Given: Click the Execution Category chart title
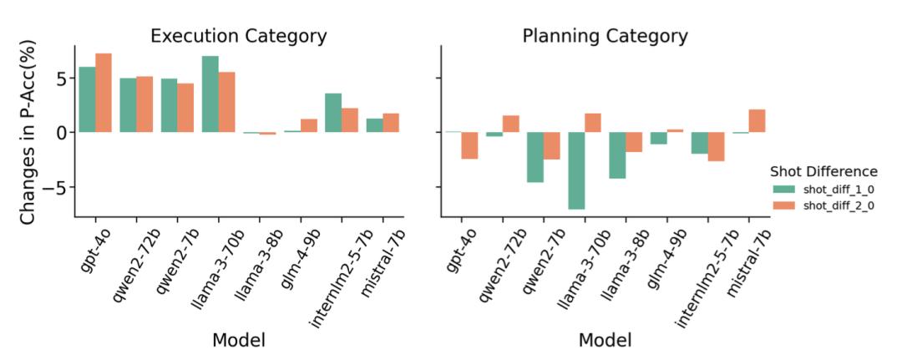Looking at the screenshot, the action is point(239,36).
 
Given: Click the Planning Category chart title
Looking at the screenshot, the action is point(605,36).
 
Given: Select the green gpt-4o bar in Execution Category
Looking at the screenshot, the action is point(88,99).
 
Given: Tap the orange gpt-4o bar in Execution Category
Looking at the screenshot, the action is point(104,93).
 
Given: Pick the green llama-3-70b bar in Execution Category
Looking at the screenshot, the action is point(210,94).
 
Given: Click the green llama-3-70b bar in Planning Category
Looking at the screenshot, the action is point(576,170).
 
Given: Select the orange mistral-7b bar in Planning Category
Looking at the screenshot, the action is point(757,121).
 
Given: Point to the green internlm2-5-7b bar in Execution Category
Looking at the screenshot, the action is point(333,113).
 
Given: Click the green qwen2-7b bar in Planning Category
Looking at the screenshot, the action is point(535,157).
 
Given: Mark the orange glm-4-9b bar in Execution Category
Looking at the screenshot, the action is point(309,126).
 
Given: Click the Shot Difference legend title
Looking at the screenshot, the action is point(823,171).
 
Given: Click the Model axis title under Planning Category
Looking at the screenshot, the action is point(605,340).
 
